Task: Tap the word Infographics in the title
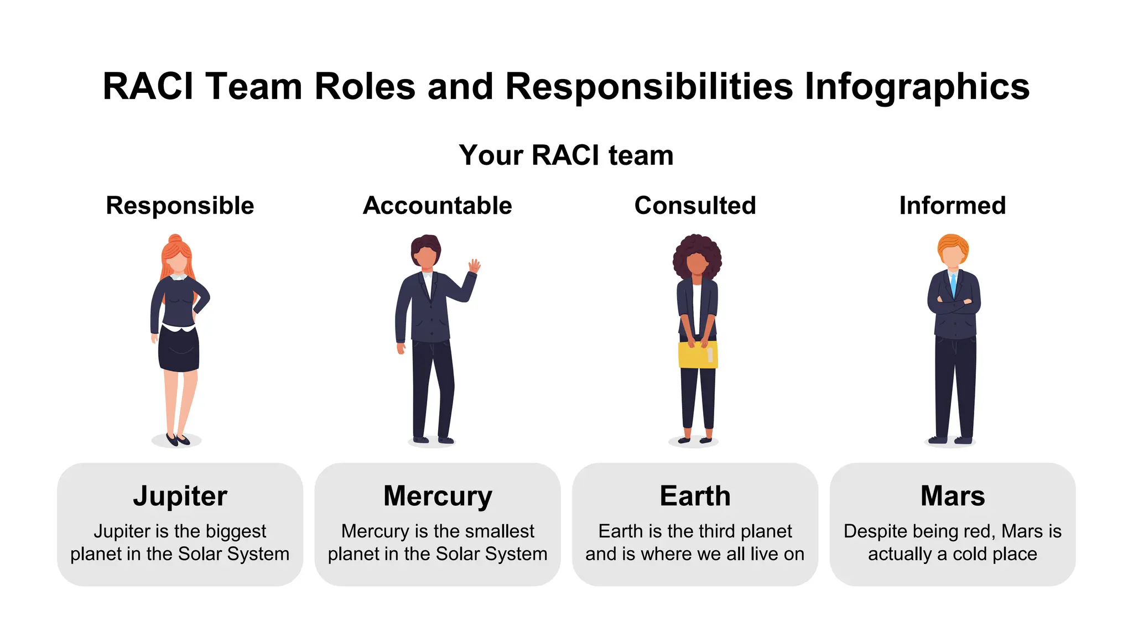(917, 87)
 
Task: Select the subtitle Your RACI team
(566, 155)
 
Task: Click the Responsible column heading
(180, 206)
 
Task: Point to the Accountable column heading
(437, 206)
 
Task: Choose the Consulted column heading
(695, 206)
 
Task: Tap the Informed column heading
(952, 206)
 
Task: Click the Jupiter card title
(180, 496)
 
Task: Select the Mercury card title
(437, 496)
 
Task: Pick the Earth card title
(695, 496)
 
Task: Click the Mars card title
(952, 496)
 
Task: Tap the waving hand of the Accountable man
(474, 266)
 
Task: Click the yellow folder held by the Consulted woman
(698, 355)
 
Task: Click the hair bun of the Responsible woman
(175, 239)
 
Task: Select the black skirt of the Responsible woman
(179, 349)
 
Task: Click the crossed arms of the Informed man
(953, 305)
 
